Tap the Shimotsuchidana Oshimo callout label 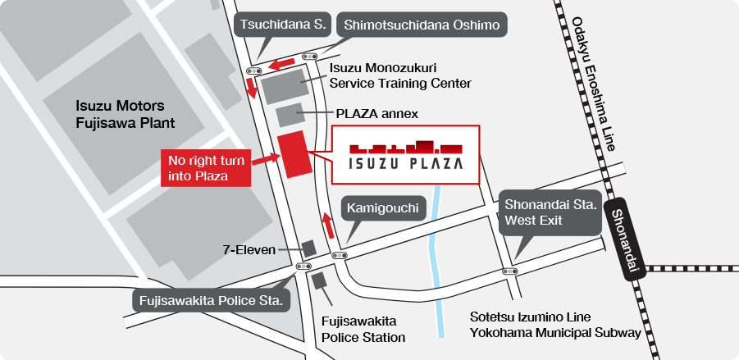[x=422, y=25]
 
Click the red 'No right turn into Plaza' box [x=205, y=166]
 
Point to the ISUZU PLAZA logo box [x=405, y=154]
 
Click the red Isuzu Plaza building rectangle [x=295, y=153]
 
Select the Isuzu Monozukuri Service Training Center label [x=400, y=76]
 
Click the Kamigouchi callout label [x=384, y=209]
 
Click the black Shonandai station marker [x=630, y=242]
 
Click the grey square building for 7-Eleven [x=309, y=248]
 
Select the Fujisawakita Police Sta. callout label [x=212, y=300]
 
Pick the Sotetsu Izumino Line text [x=531, y=317]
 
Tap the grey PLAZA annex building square [x=290, y=115]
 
